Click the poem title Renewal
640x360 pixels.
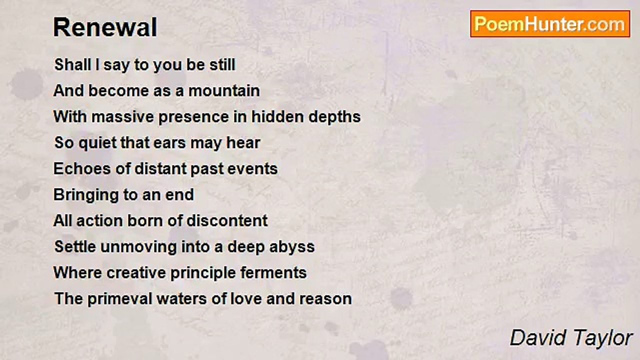(x=105, y=27)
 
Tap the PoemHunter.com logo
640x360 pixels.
(x=550, y=24)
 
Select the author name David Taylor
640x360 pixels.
(x=571, y=338)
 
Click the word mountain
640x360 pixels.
(x=224, y=91)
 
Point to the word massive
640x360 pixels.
(x=122, y=117)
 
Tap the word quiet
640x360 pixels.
(x=97, y=143)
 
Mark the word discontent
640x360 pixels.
(x=227, y=220)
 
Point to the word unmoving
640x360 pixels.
(x=138, y=247)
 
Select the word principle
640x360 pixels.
(x=203, y=273)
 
